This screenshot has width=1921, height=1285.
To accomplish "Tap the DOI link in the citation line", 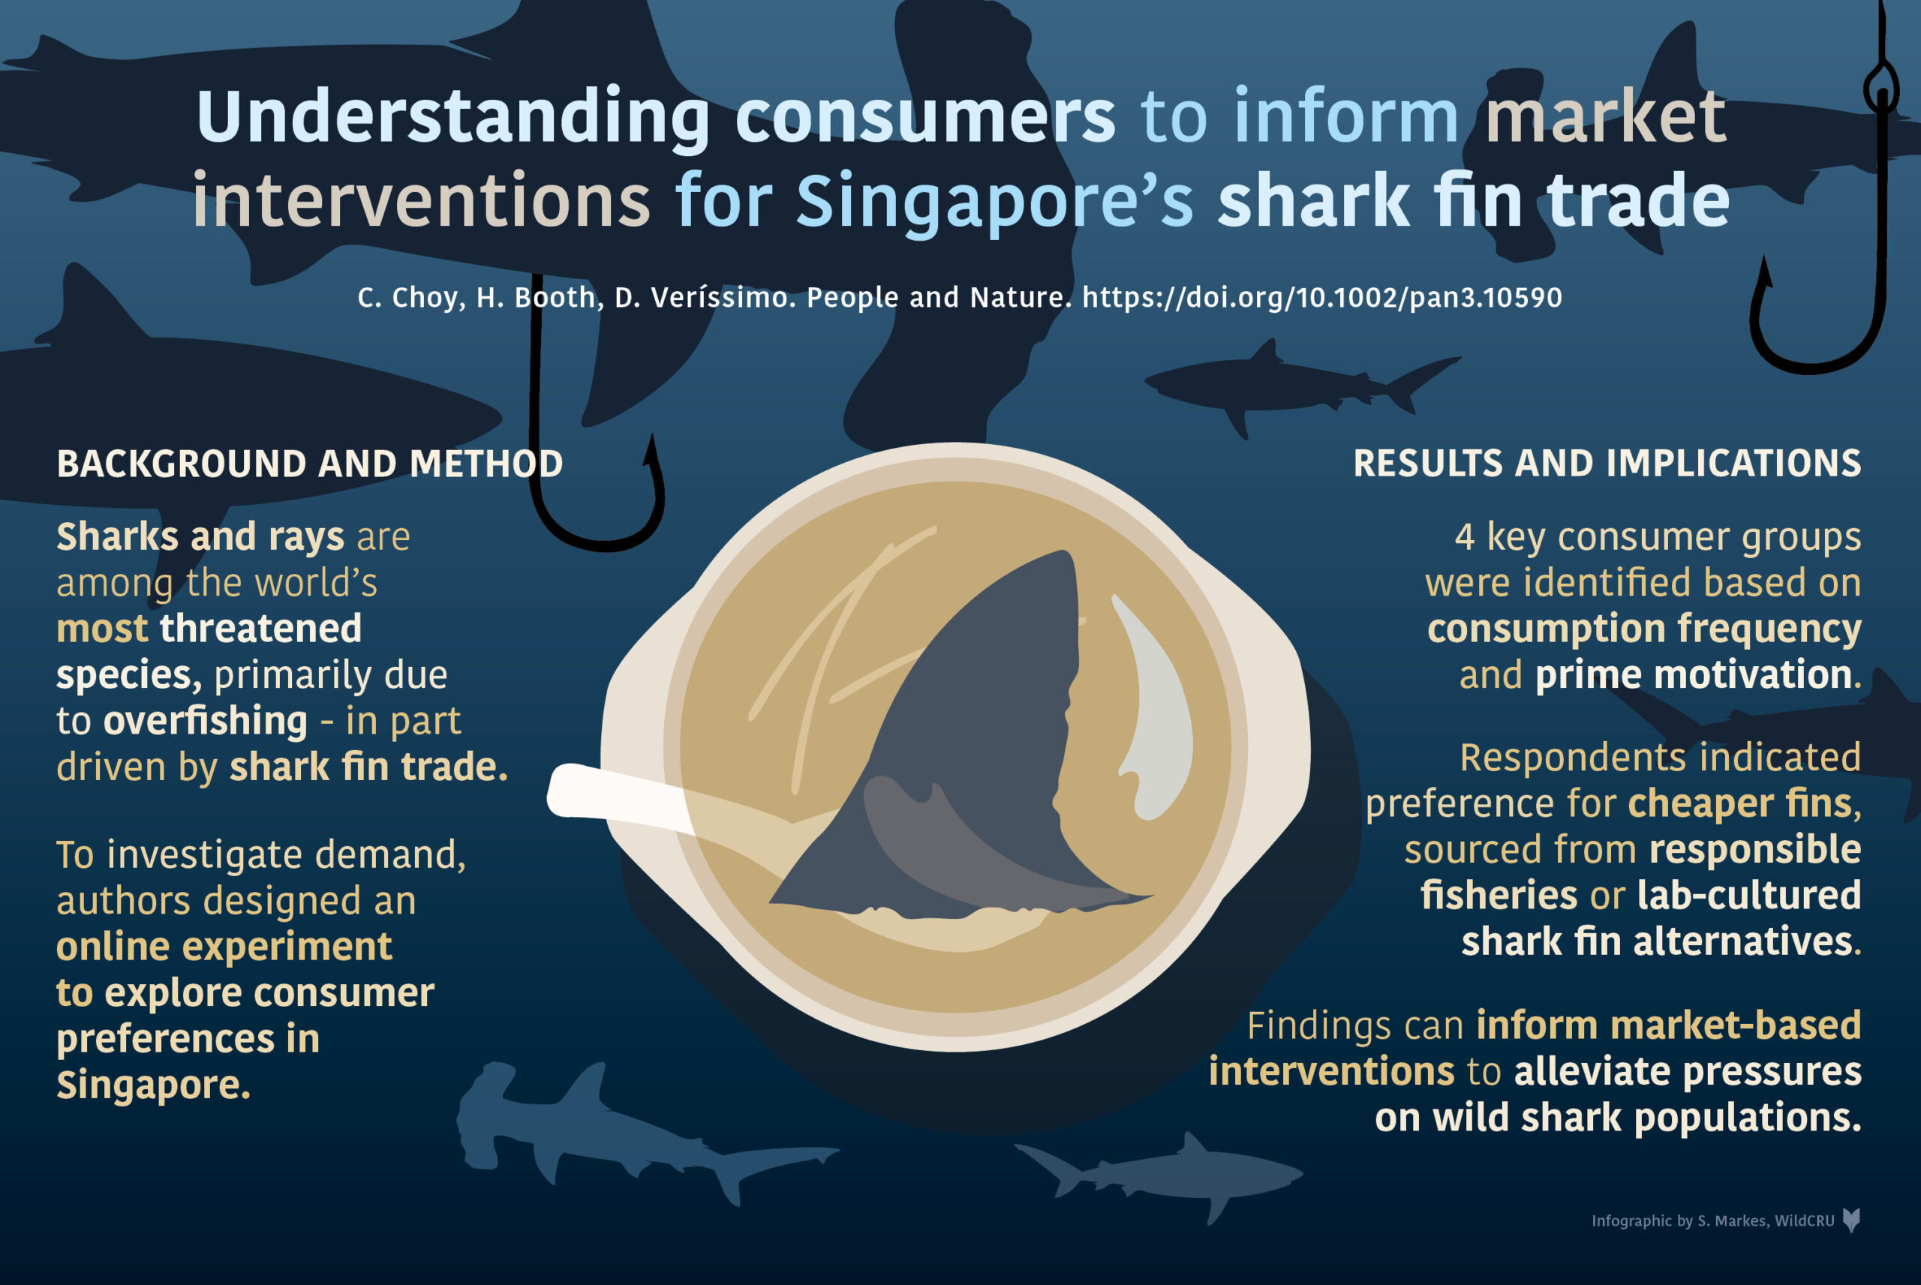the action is (x=1322, y=298).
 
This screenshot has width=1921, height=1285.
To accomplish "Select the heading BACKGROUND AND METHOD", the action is (x=310, y=464).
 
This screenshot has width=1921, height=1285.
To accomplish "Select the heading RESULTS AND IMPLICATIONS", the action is (x=1607, y=464).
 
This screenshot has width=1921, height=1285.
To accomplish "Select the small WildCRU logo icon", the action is (x=1851, y=1220).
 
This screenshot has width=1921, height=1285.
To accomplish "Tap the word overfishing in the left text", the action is (x=205, y=721).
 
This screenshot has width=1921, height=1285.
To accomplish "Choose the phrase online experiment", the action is (x=224, y=947).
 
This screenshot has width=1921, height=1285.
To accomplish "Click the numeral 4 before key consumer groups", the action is (x=1466, y=538).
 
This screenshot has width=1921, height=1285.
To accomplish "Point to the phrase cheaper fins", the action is (x=1744, y=804).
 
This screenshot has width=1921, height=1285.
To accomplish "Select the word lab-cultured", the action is (x=1749, y=895).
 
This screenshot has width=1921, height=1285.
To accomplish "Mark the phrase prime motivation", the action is (x=1693, y=675).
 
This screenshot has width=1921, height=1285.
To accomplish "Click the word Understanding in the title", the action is (x=452, y=117).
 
